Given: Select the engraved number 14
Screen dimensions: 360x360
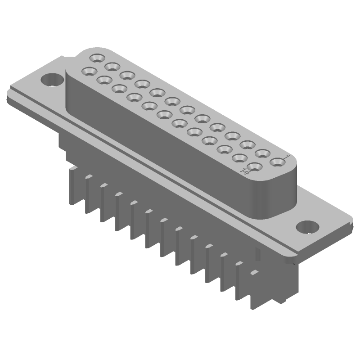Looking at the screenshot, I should point(246,171).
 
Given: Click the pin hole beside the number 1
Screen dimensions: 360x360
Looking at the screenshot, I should point(276,161).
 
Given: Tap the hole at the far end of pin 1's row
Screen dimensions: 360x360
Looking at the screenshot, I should point(97,58).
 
